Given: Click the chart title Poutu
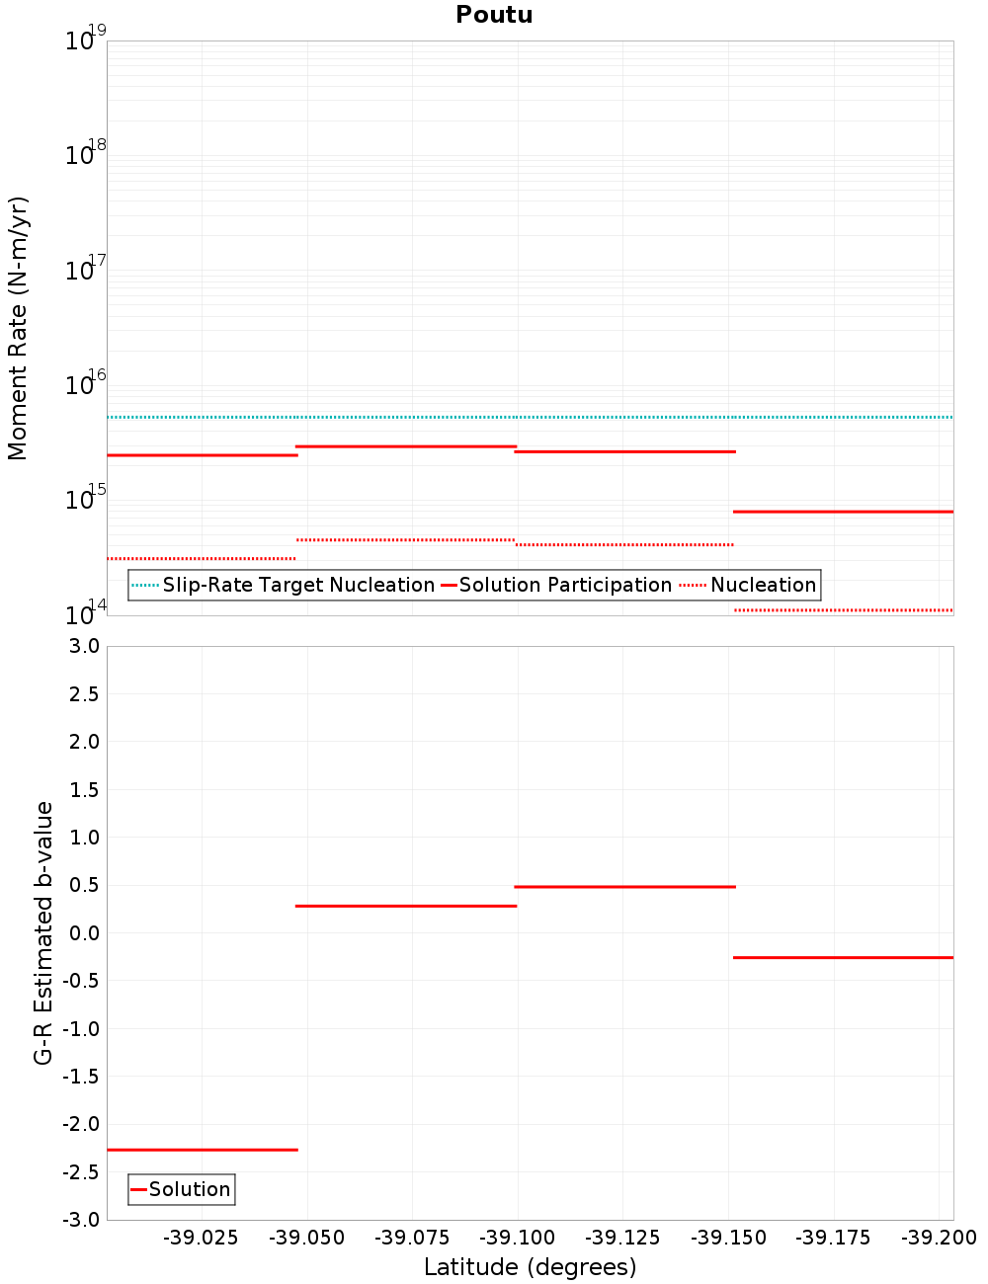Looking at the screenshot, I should click(x=494, y=15).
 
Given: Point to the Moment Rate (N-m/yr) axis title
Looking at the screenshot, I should click(x=18, y=328).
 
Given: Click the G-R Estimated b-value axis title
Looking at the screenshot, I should click(x=43, y=932).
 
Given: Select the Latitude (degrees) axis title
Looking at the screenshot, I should click(x=530, y=1267).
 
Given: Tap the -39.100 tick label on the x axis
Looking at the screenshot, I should click(x=520, y=1238).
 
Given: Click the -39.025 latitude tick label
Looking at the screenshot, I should click(x=202, y=1238).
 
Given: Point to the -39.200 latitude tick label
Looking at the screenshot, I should click(x=940, y=1238).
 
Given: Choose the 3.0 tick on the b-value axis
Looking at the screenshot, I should click(x=83, y=646).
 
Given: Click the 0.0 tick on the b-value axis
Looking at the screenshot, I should click(x=83, y=933).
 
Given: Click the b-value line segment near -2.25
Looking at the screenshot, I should click(x=202, y=1150).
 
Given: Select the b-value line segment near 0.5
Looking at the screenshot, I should click(x=624, y=887).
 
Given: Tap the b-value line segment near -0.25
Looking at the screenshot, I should click(x=843, y=957).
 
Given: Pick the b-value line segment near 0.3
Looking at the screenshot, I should click(x=406, y=906).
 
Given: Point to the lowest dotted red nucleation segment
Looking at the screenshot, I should click(x=843, y=610).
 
